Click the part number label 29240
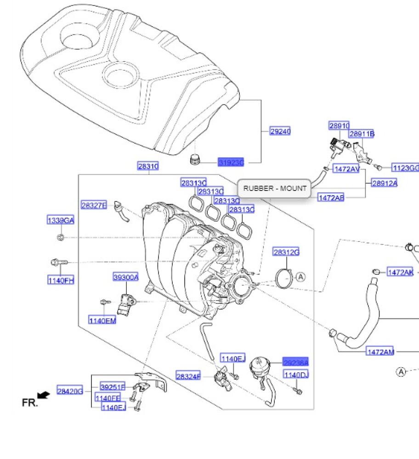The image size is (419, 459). tap(280, 131)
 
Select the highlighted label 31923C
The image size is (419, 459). tap(231, 162)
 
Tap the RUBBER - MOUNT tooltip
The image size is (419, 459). tap(274, 188)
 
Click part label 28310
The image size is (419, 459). tap(148, 166)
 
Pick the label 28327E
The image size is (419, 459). tap(94, 205)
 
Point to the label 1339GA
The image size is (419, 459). tap(60, 220)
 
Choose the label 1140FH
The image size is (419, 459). tap(61, 280)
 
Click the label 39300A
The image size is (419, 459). tap(126, 277)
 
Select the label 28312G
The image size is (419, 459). tap(286, 252)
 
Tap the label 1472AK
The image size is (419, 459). tap(400, 272)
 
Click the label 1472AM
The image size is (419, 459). tap(380, 352)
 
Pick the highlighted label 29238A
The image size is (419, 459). tap(295, 362)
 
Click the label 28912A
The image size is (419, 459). tap(385, 183)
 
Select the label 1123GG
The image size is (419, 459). tap(405, 168)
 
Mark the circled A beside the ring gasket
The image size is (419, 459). tap(300, 277)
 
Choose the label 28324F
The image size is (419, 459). tap(189, 376)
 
